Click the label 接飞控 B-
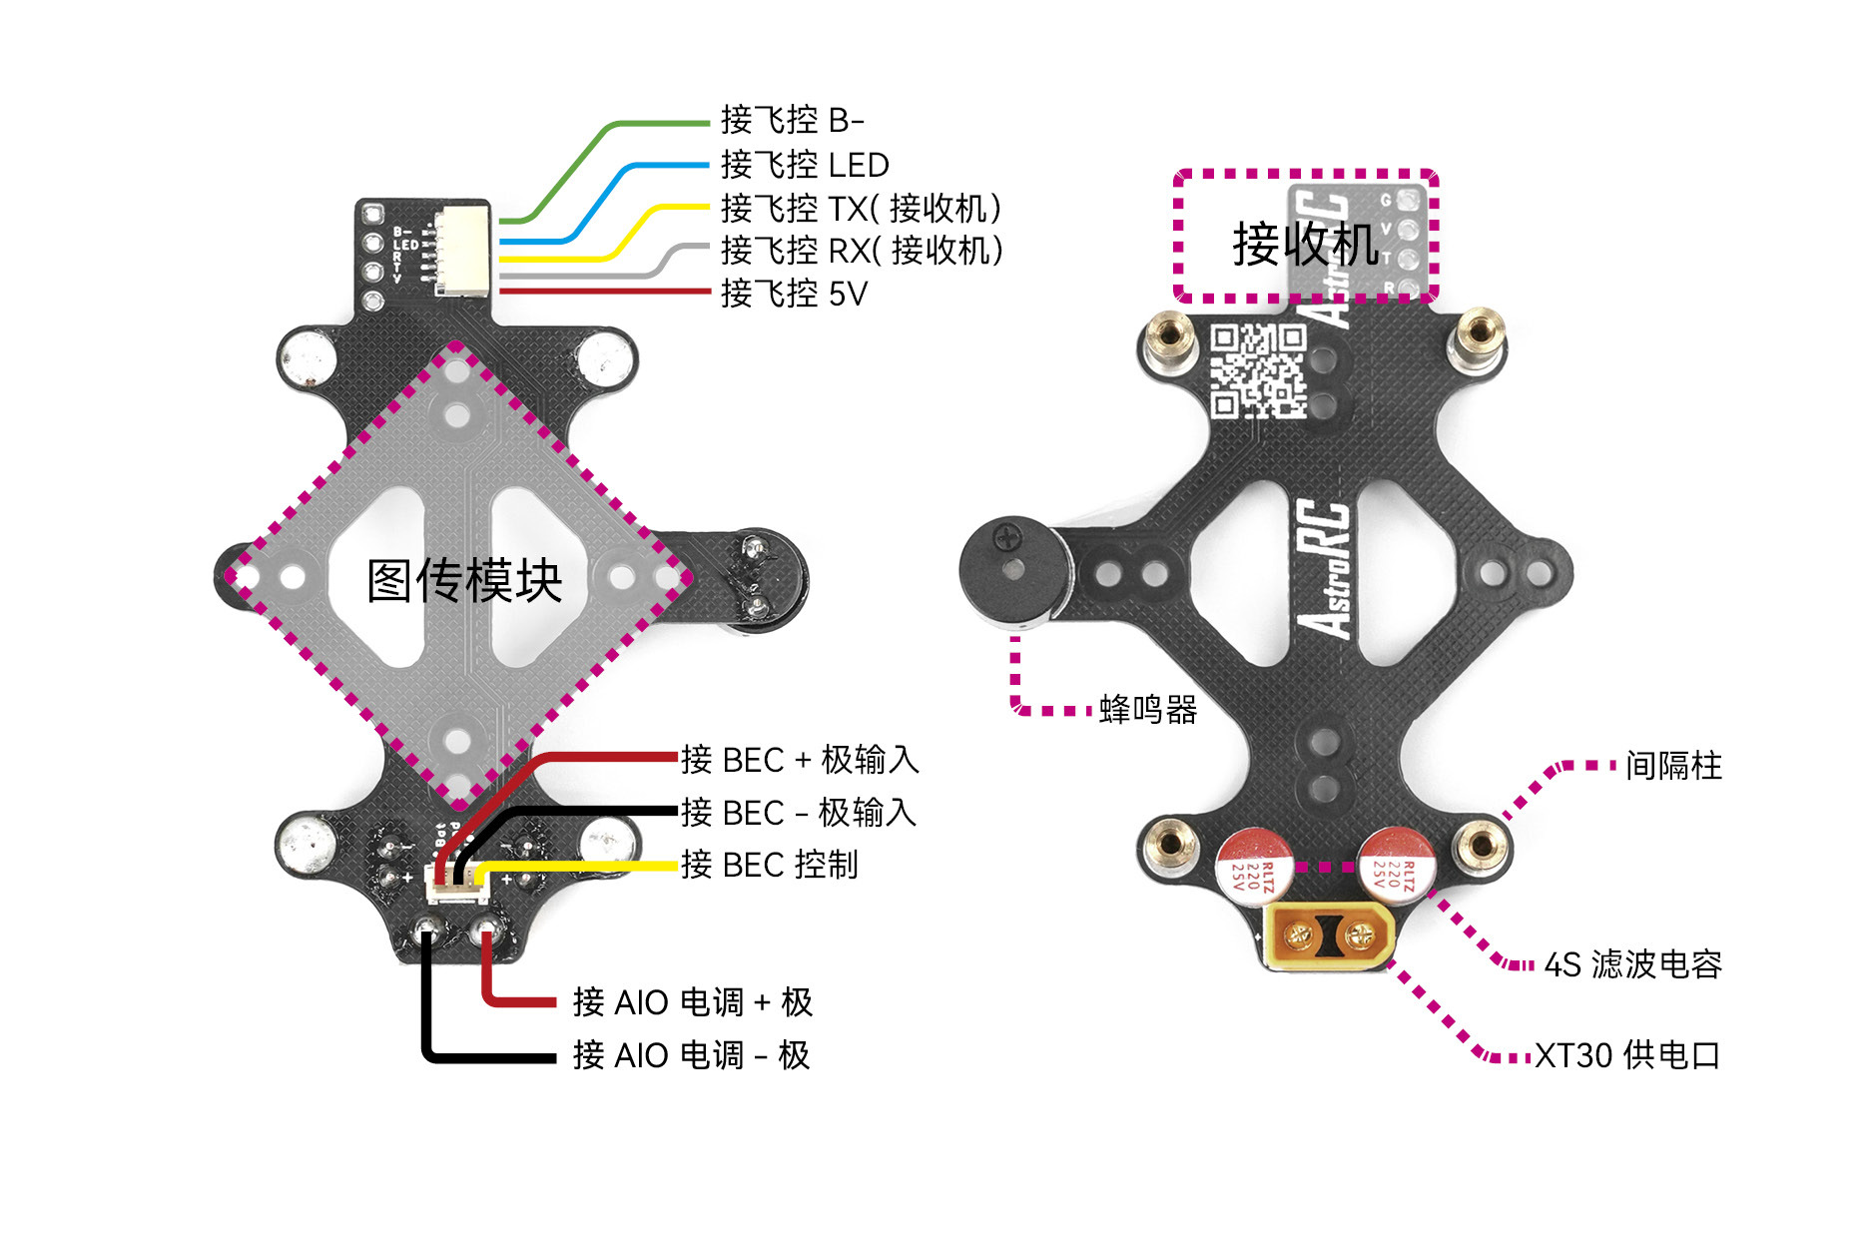click(x=792, y=120)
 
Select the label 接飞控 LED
click(x=805, y=164)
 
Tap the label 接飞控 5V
click(x=794, y=294)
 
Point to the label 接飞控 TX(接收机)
click(x=861, y=208)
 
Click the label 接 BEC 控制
click(x=769, y=865)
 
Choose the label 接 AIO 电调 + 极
click(x=692, y=1001)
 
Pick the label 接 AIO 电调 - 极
click(x=691, y=1054)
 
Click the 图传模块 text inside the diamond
click(x=464, y=580)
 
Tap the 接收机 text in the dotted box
click(x=1306, y=244)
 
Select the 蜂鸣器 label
click(x=1148, y=710)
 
